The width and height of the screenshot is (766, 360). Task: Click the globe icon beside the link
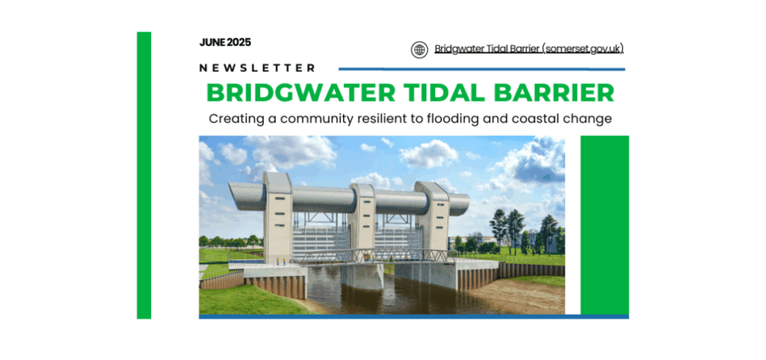[x=419, y=50]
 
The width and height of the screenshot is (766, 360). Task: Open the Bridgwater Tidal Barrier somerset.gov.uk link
[x=529, y=49]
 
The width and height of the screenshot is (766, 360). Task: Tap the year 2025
[x=239, y=43]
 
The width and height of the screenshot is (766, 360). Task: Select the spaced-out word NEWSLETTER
[x=257, y=68]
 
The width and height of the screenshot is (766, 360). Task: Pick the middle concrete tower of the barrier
[x=362, y=219]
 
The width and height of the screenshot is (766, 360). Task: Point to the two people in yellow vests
[x=281, y=261]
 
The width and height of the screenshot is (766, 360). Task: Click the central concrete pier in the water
[x=362, y=276]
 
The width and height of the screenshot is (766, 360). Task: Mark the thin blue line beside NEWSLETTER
[x=481, y=70]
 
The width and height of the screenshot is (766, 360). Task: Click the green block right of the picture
[x=605, y=225]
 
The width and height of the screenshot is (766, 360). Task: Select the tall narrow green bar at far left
[x=144, y=176]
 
